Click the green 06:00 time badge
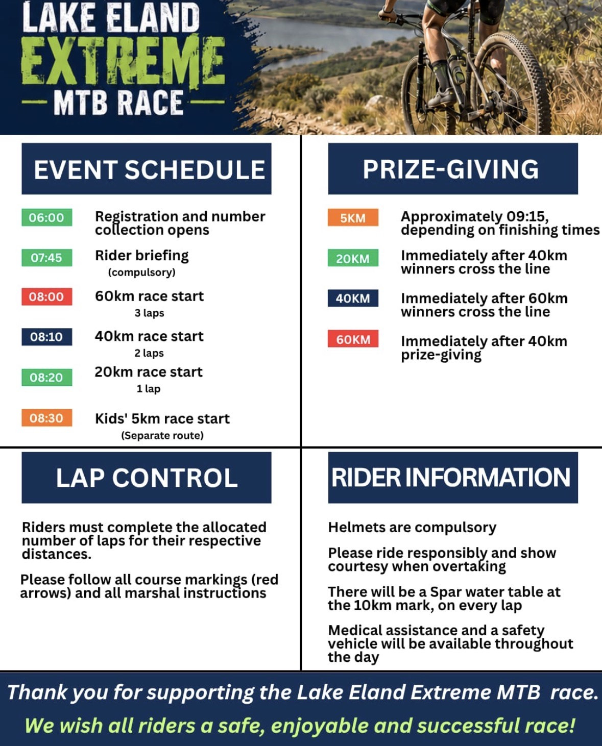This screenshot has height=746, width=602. click(x=47, y=217)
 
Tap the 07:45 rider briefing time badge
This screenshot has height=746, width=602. click(x=47, y=258)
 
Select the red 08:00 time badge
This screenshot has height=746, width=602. click(x=47, y=297)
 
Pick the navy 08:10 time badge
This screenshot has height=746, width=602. click(x=47, y=337)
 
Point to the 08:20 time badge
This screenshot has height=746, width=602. click(x=47, y=377)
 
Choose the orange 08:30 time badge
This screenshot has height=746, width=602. click(x=47, y=418)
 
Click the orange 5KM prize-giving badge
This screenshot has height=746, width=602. click(x=353, y=218)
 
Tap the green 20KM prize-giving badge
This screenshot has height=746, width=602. click(x=353, y=258)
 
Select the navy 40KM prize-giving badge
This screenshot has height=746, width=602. click(x=353, y=298)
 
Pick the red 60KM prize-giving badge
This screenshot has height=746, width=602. click(x=353, y=339)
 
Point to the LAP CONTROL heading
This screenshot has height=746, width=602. click(x=147, y=478)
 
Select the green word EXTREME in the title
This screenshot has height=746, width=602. click(x=123, y=61)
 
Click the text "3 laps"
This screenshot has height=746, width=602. click(x=149, y=313)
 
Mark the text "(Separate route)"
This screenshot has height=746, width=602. click(x=162, y=435)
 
